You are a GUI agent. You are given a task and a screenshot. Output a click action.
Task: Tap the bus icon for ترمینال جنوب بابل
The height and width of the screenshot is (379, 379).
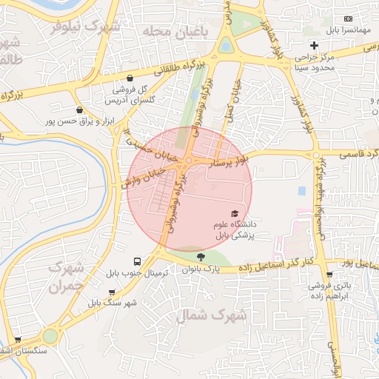(x=138, y=262)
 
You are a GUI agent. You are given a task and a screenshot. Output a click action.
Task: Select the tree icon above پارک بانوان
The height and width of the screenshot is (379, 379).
(x=201, y=257)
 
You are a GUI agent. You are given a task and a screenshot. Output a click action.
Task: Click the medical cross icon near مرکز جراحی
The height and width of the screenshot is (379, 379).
(x=315, y=46)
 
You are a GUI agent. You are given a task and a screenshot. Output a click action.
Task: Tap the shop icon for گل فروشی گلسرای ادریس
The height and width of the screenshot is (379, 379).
(x=130, y=78)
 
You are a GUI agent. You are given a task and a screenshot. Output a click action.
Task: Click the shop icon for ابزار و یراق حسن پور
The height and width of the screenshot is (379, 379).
(x=79, y=110)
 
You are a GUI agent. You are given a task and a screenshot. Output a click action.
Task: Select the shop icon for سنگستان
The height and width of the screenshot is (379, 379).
(x=19, y=340)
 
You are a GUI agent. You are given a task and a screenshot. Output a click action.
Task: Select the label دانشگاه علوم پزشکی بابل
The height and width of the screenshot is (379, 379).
(x=234, y=229)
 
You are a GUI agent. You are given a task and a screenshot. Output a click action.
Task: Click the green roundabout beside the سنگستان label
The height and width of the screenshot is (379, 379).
(x=50, y=336)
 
